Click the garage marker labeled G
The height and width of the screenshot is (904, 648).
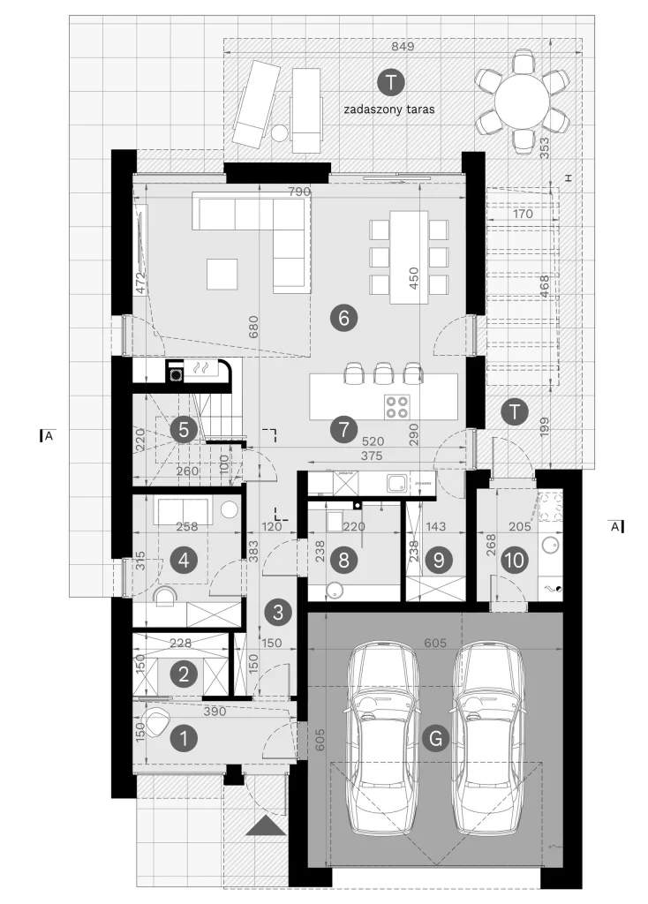[435, 739]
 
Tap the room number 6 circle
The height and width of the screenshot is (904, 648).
[344, 318]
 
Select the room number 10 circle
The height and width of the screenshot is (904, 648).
[515, 560]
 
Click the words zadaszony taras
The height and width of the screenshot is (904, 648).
[389, 109]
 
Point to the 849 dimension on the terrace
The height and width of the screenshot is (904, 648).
[403, 46]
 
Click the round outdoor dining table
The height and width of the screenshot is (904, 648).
[521, 102]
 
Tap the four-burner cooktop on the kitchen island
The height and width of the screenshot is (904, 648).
[397, 406]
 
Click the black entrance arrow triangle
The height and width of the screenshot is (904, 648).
[266, 826]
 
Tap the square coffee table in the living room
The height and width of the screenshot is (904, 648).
[222, 274]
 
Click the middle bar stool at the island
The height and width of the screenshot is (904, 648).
[382, 373]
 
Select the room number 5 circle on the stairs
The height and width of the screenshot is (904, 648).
[184, 430]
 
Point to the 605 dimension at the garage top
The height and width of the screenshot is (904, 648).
[435, 643]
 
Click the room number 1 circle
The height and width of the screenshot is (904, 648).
[184, 739]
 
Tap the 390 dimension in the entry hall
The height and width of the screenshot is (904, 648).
[215, 712]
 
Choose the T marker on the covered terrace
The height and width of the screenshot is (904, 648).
[391, 82]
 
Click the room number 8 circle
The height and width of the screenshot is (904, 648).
[344, 560]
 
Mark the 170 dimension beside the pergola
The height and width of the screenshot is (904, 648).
[523, 214]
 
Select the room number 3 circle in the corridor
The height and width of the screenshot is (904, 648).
[278, 612]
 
